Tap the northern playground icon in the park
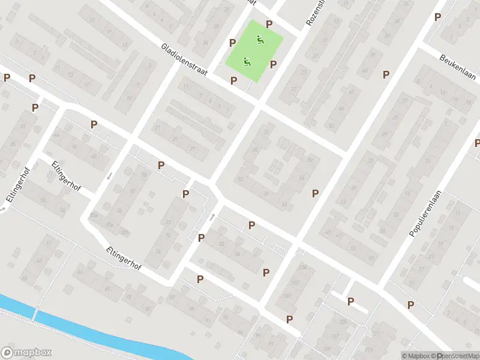click(260, 40)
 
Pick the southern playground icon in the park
click(246, 61)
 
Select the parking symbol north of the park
click(269, 24)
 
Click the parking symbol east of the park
click(273, 64)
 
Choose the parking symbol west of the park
click(232, 43)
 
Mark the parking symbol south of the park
click(233, 80)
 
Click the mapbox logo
click(26, 352)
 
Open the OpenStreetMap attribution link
click(458, 356)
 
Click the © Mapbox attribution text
click(419, 356)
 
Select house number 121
click(376, 334)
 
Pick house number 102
click(302, 266)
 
